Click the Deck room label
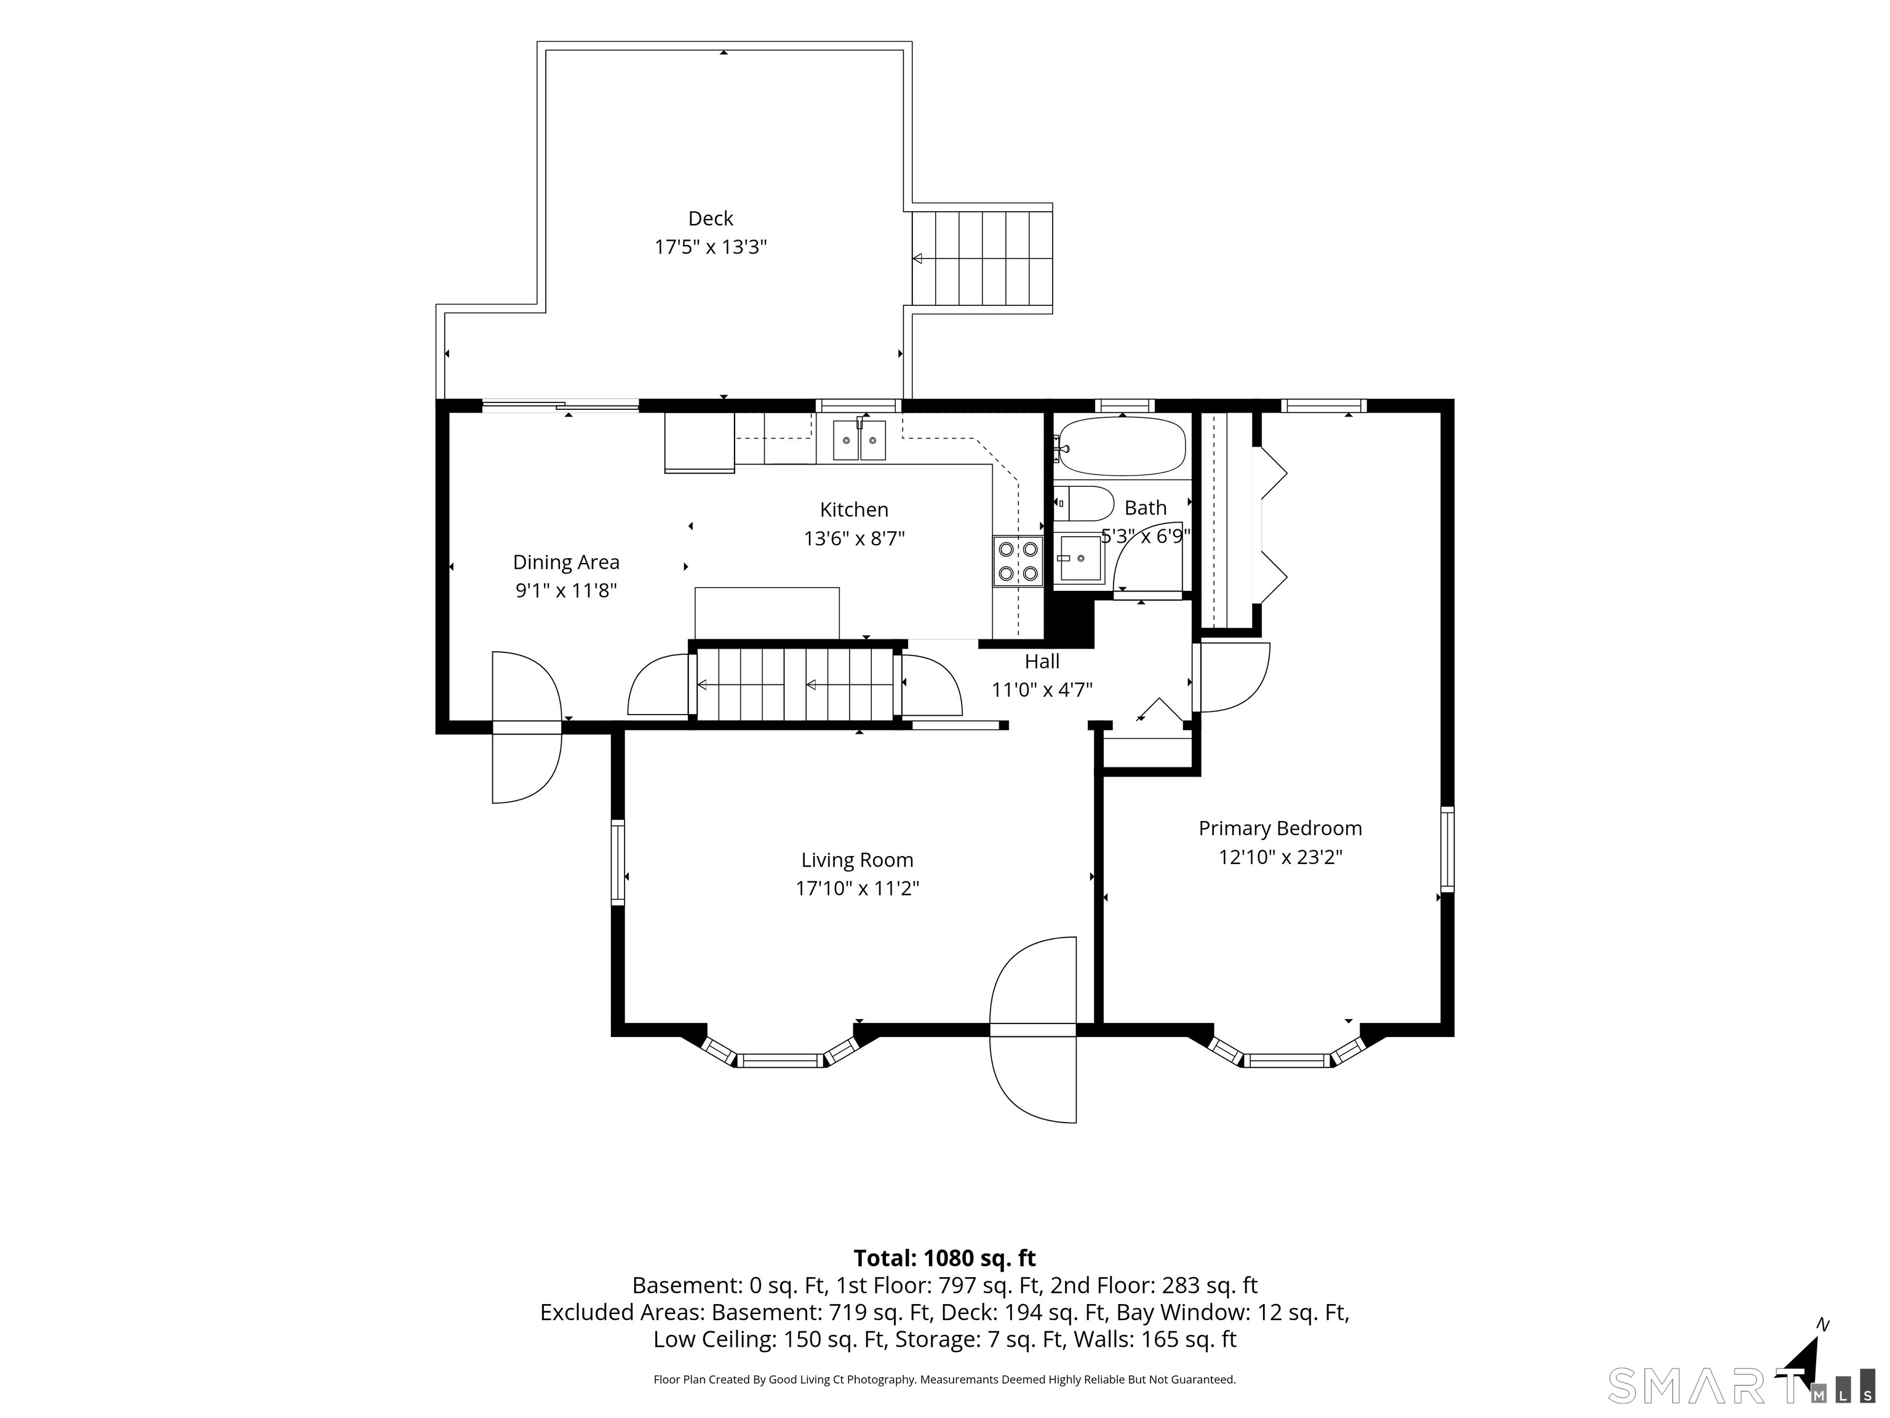(x=710, y=219)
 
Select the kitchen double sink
(x=859, y=440)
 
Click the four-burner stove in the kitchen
(x=1018, y=561)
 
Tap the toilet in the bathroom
(x=1083, y=504)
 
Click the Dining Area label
(x=565, y=563)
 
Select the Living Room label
(x=857, y=860)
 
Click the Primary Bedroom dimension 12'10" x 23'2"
(x=1280, y=857)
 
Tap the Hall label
(x=1042, y=661)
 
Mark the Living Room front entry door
(x=1033, y=1030)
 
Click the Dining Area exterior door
(x=526, y=727)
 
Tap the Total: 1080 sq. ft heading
(x=944, y=1258)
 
